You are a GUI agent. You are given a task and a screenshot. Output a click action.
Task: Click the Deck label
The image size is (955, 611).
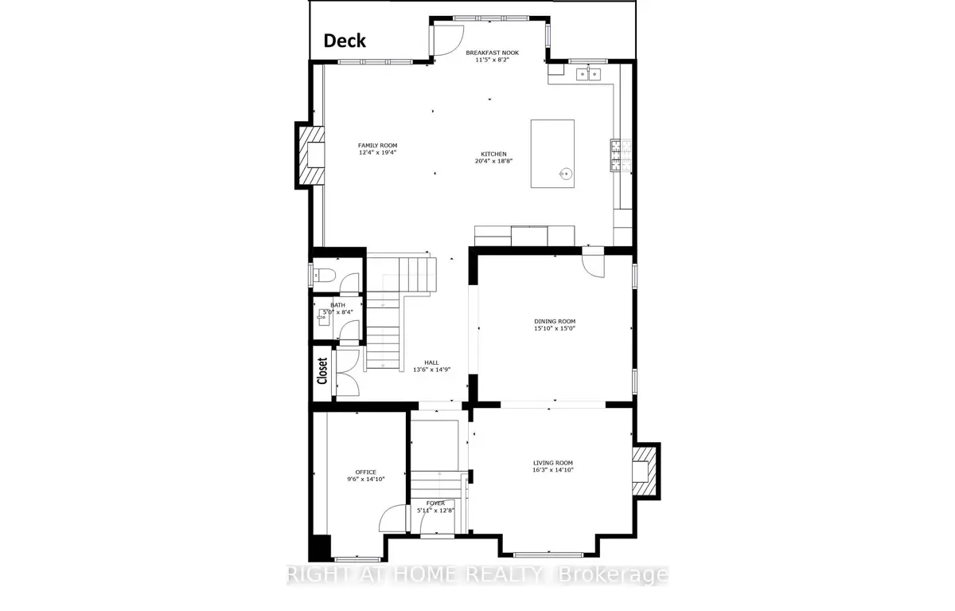[345, 41]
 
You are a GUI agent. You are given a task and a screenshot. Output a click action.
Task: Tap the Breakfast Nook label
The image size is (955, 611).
[492, 53]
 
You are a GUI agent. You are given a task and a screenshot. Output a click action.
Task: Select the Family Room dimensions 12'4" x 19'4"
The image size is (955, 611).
[377, 152]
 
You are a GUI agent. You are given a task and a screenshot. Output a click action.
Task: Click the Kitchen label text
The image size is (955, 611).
[493, 154]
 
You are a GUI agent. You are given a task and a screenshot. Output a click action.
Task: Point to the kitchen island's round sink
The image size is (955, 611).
[566, 174]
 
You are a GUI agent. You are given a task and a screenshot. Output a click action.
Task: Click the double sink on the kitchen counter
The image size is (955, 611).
[588, 75]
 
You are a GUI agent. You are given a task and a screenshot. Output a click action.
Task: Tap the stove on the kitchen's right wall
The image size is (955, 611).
[621, 155]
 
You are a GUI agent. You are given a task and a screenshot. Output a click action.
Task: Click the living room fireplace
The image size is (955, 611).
[645, 472]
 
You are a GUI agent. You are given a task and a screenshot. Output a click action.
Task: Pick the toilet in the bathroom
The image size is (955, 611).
[323, 276]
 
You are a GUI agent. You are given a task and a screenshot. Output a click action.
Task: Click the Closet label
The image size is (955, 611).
[322, 370]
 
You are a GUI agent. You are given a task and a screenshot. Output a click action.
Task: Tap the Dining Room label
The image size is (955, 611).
[555, 321]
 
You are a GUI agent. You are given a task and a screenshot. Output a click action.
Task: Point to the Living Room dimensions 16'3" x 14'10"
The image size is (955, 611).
[553, 470]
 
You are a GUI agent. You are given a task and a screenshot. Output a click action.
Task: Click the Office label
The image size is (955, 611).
[366, 472]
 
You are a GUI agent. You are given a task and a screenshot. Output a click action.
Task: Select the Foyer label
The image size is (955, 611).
[435, 503]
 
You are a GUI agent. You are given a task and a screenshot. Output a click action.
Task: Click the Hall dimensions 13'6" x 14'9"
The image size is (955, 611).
[431, 370]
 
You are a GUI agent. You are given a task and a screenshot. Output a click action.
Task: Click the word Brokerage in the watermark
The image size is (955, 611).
[613, 574]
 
